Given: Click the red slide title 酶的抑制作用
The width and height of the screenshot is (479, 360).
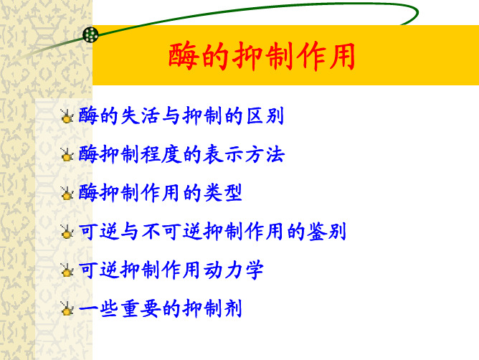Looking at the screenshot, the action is (x=262, y=56).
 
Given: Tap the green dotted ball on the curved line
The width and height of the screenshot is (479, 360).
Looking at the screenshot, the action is (x=90, y=35).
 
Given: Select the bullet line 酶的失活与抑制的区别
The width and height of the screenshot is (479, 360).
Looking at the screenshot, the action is (x=181, y=116).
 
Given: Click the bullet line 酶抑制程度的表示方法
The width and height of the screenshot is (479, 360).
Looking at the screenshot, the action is (x=181, y=154).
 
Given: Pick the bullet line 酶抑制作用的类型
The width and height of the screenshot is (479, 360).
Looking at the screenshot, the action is (x=161, y=193).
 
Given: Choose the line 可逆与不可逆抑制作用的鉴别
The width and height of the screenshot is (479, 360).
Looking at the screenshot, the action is (x=212, y=232).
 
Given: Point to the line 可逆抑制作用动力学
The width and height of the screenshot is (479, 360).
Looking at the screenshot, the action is (x=171, y=270).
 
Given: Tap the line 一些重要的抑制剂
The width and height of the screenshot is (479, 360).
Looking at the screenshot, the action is (x=161, y=308).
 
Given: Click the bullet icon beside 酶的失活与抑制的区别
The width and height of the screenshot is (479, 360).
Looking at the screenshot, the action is (x=67, y=116).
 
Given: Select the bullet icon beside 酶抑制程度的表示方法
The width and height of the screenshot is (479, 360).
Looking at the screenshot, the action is (x=67, y=155).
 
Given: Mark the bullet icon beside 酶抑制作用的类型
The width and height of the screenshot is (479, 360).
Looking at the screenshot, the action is (x=67, y=193).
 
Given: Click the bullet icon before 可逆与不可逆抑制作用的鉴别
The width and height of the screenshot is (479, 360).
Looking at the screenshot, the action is (x=67, y=232).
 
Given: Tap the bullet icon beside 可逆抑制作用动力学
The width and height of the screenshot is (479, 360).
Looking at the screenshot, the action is (x=67, y=270).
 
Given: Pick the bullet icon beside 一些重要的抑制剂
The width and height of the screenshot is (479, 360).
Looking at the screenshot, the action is (x=67, y=308).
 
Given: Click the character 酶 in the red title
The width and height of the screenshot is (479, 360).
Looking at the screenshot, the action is (x=182, y=56).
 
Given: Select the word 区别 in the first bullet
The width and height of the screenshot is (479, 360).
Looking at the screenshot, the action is (x=265, y=116).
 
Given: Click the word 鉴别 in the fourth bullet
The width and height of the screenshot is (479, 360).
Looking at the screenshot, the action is (x=326, y=232).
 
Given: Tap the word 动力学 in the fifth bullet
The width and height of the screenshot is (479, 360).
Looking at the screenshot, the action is (x=233, y=270).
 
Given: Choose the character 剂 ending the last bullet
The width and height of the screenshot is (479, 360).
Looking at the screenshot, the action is (x=233, y=308).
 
